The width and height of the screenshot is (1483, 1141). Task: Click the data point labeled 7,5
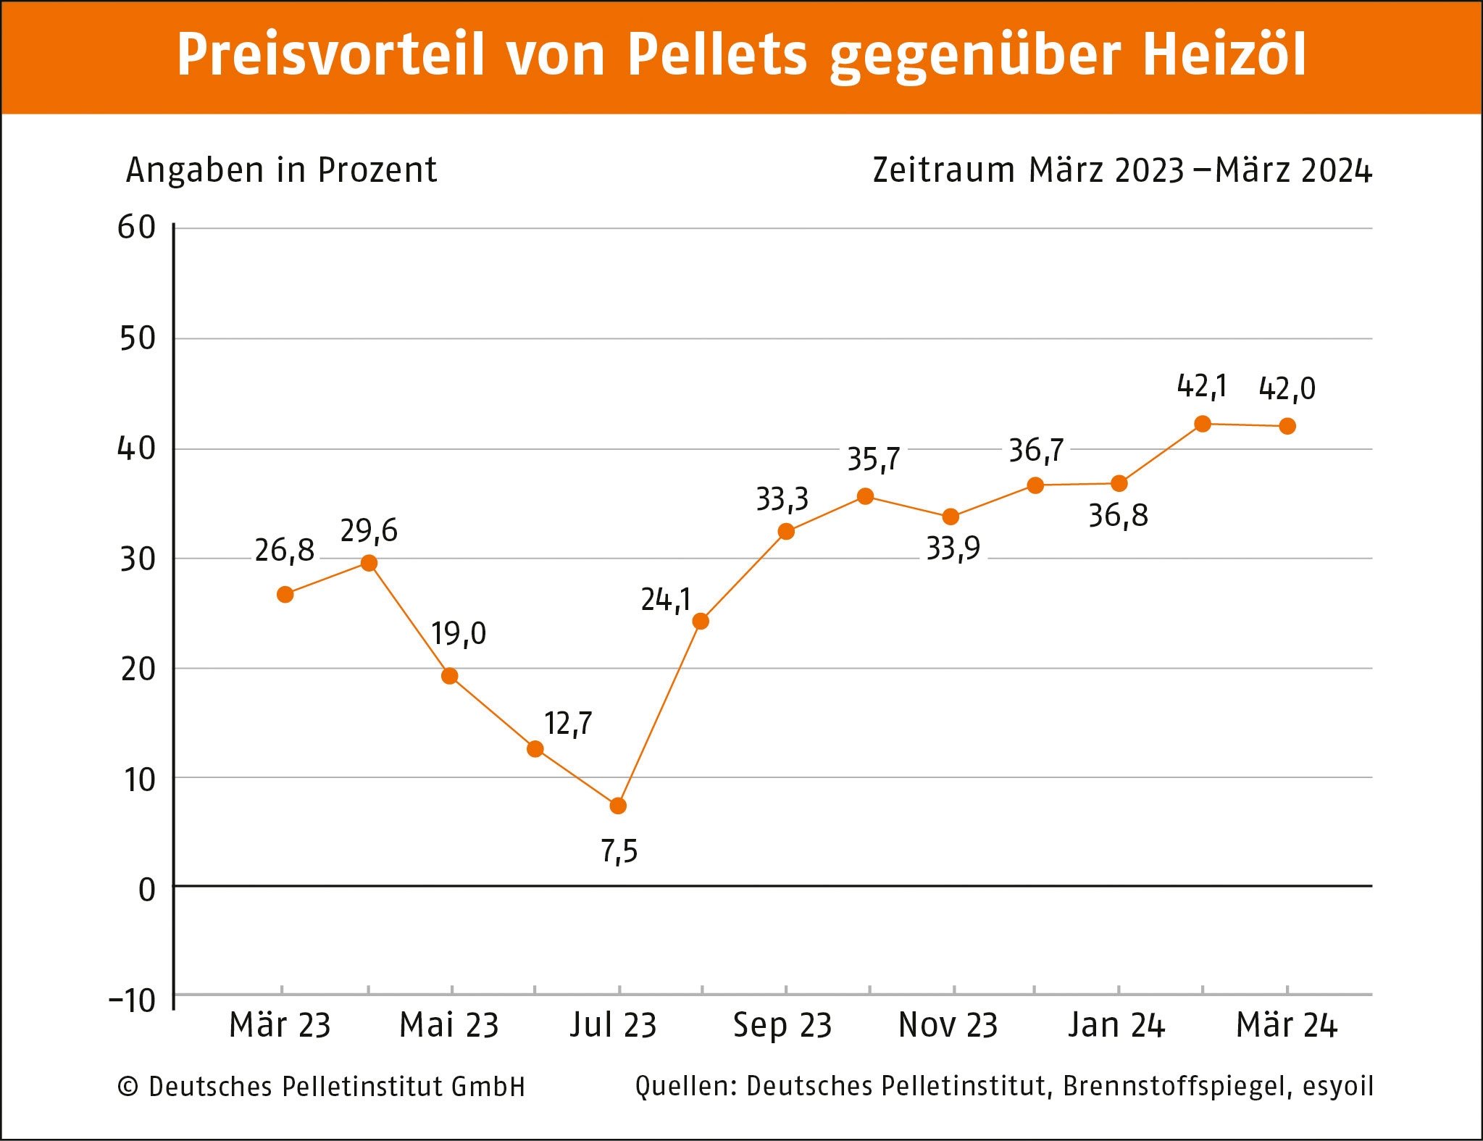618,806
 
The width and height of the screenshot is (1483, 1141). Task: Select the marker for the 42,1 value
1203,424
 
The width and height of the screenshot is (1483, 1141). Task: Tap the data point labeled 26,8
285,595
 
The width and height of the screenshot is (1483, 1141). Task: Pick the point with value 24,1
701,622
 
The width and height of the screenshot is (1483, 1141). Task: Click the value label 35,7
874,459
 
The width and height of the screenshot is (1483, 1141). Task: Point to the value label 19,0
459,634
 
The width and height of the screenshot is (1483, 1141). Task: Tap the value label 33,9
953,549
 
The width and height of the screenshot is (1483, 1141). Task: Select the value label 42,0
1287,389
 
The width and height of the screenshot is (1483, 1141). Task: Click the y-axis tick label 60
137,227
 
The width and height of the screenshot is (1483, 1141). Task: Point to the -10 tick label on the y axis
133,1000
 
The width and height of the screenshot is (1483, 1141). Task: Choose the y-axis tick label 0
147,890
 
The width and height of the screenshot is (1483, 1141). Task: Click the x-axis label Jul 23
613,1025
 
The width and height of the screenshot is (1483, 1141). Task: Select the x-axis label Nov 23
948,1025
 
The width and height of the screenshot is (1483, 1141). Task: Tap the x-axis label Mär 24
1287,1025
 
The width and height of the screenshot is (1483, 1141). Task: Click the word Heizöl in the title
1224,55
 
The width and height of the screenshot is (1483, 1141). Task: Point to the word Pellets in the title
717,55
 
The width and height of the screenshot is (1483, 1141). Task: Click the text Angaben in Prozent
281,171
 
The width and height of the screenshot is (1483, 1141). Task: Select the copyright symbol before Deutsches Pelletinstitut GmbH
128,1087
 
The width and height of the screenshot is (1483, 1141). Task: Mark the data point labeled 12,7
535,749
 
